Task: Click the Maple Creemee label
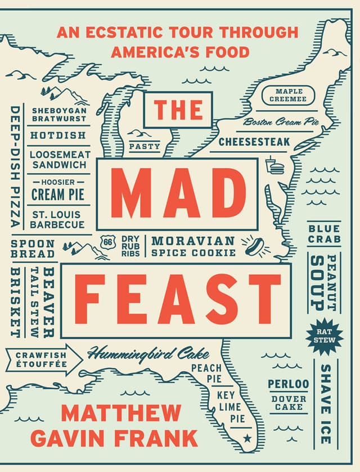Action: pos(289,96)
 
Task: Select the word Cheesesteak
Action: pos(254,142)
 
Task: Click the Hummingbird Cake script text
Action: pos(148,354)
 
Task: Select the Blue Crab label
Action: pos(323,234)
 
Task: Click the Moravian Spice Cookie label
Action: pos(193,247)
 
